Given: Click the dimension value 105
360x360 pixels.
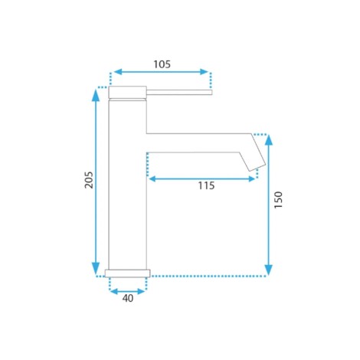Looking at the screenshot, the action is point(162,64).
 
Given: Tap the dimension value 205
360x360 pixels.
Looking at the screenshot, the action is point(89,180).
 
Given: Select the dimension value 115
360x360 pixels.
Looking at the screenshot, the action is point(206,185).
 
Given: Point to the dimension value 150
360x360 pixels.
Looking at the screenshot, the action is point(278,200).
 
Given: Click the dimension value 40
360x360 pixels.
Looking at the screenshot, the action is point(128,298).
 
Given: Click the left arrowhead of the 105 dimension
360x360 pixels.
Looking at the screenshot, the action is point(117,72).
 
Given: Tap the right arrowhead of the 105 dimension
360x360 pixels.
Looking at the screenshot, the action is point(205,72).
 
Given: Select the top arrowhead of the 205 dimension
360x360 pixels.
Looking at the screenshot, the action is point(96,94).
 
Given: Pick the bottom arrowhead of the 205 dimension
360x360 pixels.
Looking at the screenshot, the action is point(96,269).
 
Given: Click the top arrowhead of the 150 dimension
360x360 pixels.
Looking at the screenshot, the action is point(269,140).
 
